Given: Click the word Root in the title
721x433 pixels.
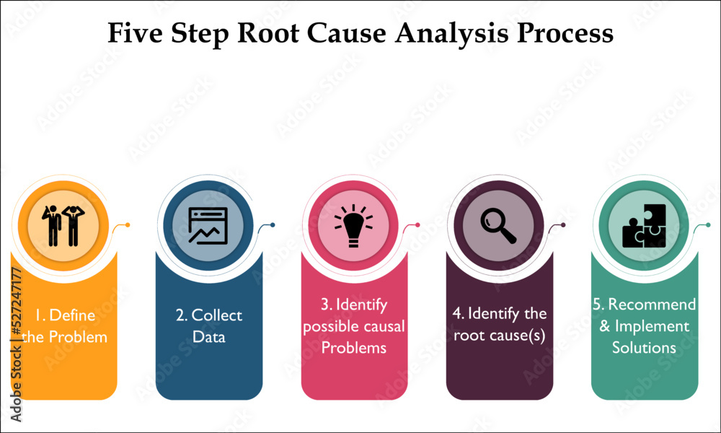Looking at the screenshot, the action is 267,33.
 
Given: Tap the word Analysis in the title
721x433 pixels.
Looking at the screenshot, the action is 452,34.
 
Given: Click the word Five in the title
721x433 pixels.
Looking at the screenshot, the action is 136,33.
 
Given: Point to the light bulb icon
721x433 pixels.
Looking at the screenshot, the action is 353,225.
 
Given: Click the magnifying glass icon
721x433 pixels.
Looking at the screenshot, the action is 498,225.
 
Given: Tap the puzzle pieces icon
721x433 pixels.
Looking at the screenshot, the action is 644,226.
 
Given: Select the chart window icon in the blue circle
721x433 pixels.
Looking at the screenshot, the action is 208,225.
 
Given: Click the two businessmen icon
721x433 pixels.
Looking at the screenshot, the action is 63,225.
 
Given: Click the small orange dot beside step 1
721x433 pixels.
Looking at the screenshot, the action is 128,225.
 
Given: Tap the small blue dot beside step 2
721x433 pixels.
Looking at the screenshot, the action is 273,225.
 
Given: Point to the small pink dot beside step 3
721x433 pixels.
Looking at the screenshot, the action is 417,225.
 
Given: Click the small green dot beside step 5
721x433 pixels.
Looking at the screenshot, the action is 708,225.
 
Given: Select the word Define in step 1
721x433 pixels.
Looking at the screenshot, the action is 72,315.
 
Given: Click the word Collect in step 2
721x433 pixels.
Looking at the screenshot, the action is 216,315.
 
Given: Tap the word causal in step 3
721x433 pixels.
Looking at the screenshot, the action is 381,326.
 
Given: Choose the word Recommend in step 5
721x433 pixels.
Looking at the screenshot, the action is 652,304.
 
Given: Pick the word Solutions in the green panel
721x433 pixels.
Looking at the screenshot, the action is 644,347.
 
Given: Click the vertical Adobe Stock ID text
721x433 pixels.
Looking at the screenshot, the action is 16,344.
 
